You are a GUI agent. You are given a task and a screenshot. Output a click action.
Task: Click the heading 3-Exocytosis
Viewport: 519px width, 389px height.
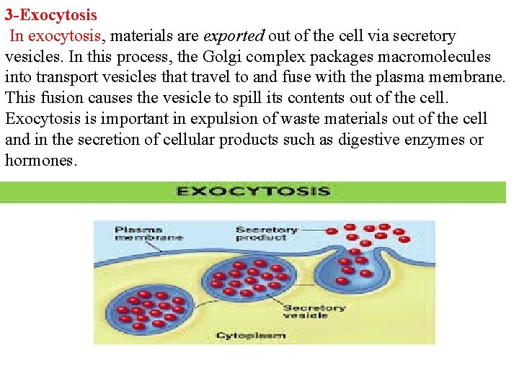[51, 14]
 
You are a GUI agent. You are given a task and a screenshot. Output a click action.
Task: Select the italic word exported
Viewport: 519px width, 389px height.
[234, 35]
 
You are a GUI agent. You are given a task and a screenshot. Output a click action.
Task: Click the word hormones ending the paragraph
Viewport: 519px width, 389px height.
[40, 161]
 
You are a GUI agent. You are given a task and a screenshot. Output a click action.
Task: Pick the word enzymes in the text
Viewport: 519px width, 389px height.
[436, 140]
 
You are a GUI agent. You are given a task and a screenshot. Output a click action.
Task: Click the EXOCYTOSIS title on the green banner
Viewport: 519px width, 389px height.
[253, 192]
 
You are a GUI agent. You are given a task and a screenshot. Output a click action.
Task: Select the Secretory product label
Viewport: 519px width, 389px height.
[267, 233]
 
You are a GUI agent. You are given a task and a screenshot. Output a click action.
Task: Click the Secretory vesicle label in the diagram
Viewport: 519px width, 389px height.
[314, 311]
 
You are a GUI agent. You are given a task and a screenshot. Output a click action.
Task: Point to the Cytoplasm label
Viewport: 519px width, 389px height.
[251, 335]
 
